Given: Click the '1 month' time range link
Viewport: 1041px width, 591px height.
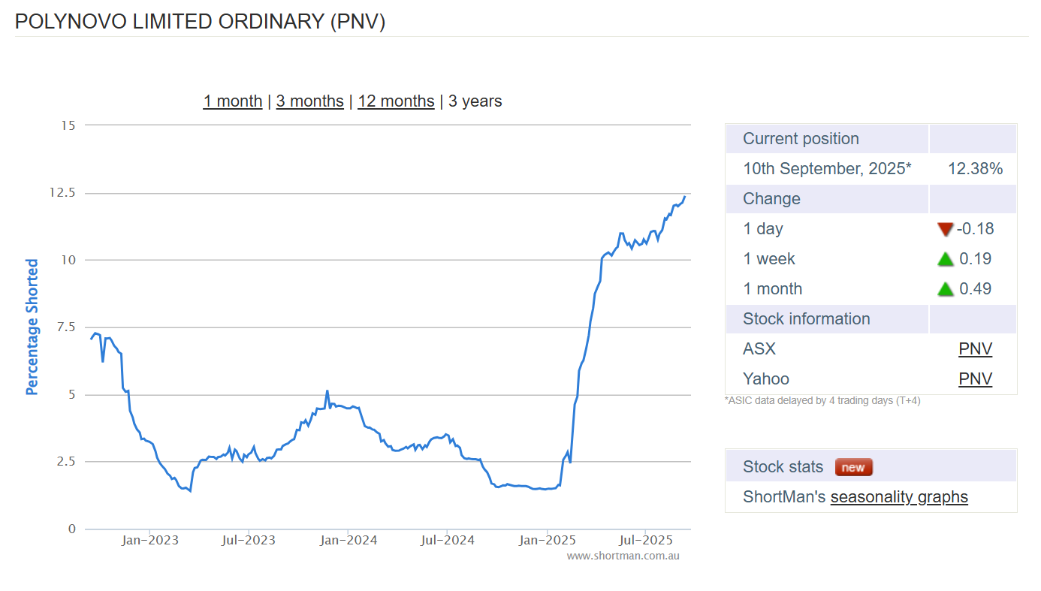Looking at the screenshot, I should click(233, 101).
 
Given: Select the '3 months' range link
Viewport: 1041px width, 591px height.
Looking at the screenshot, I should click(309, 101).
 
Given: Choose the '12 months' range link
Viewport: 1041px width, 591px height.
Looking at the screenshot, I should click(396, 101).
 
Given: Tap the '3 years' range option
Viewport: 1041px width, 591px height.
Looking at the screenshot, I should click(475, 101).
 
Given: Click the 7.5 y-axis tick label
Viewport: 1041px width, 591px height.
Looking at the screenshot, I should click(65, 327).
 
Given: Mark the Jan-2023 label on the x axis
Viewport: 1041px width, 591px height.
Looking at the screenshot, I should click(149, 540).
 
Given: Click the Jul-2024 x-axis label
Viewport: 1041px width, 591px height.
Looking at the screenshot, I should click(446, 540).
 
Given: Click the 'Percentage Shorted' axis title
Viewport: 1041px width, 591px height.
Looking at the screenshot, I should click(32, 327).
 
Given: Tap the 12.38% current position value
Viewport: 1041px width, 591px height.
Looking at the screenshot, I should click(975, 169).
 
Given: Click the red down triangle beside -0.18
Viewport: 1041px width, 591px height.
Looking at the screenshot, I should click(945, 229).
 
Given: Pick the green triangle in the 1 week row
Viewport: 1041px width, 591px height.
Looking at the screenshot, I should click(945, 259).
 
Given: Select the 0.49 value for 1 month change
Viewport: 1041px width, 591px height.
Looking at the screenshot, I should click(975, 289).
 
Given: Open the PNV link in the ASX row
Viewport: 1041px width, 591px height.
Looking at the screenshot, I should click(975, 349).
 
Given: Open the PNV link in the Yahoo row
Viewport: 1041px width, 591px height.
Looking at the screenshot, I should click(975, 379).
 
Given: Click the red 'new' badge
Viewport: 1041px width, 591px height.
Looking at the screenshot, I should click(853, 467).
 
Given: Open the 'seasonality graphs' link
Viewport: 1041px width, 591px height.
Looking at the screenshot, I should click(898, 497).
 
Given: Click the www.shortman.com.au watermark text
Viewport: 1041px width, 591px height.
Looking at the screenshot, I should click(623, 556).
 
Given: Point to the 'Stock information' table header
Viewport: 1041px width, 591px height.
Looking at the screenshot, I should click(806, 319).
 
